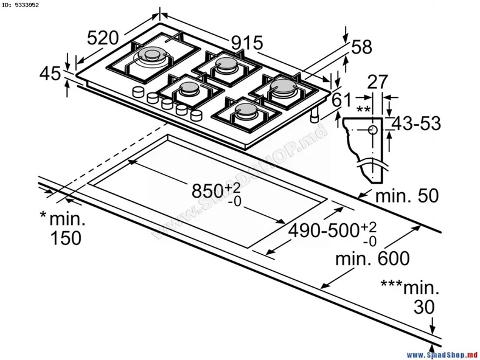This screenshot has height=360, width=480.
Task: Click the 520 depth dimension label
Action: [103, 38]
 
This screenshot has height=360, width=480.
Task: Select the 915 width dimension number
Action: [246, 42]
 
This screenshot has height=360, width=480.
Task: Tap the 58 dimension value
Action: [361, 47]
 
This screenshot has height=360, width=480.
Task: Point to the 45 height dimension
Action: [50, 74]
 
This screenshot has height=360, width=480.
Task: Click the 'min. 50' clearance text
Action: [407, 196]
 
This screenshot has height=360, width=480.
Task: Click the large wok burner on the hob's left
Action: [150, 57]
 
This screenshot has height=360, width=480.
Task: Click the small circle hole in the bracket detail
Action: [372, 130]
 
